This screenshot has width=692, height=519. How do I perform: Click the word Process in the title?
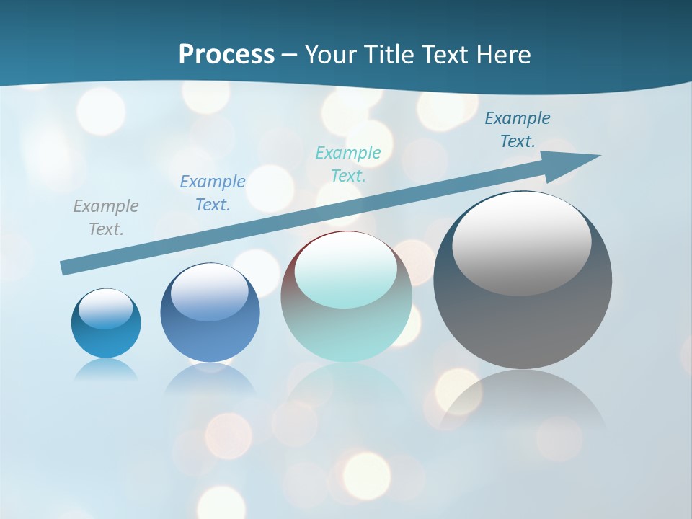click(x=226, y=55)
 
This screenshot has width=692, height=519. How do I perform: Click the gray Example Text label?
click(x=106, y=218)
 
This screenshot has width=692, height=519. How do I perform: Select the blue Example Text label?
click(x=213, y=193)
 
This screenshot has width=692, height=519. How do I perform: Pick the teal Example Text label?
click(x=348, y=164)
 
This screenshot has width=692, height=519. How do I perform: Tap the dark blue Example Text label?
click(x=518, y=130)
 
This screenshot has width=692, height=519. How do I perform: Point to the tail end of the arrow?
click(x=66, y=267)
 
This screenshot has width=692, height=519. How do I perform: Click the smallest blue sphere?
click(x=106, y=339)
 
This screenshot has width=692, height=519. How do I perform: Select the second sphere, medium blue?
click(x=210, y=339)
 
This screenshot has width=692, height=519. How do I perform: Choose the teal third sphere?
click(x=346, y=332)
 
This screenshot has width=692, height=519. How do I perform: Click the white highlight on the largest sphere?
click(x=521, y=241)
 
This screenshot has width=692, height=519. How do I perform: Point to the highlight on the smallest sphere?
click(x=106, y=309)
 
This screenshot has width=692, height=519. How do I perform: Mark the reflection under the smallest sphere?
click(x=106, y=369)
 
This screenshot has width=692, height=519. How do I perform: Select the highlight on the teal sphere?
click(x=346, y=270)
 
